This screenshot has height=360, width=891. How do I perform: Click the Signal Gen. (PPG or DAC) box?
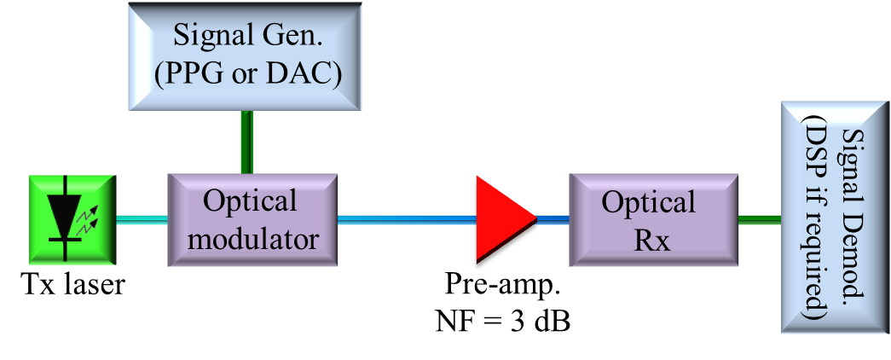pyautogui.click(x=245, y=55)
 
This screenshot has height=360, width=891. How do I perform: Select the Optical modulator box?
pyautogui.click(x=253, y=219)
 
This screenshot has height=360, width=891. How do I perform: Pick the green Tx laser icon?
pyautogui.click(x=72, y=218)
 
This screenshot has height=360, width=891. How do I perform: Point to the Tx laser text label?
pyautogui.click(x=72, y=284)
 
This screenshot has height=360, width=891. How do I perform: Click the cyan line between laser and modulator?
pyautogui.click(x=142, y=219)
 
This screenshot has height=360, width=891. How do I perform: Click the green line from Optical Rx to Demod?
pyautogui.click(x=759, y=219)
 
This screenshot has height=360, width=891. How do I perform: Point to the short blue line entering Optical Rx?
pyautogui.click(x=553, y=219)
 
